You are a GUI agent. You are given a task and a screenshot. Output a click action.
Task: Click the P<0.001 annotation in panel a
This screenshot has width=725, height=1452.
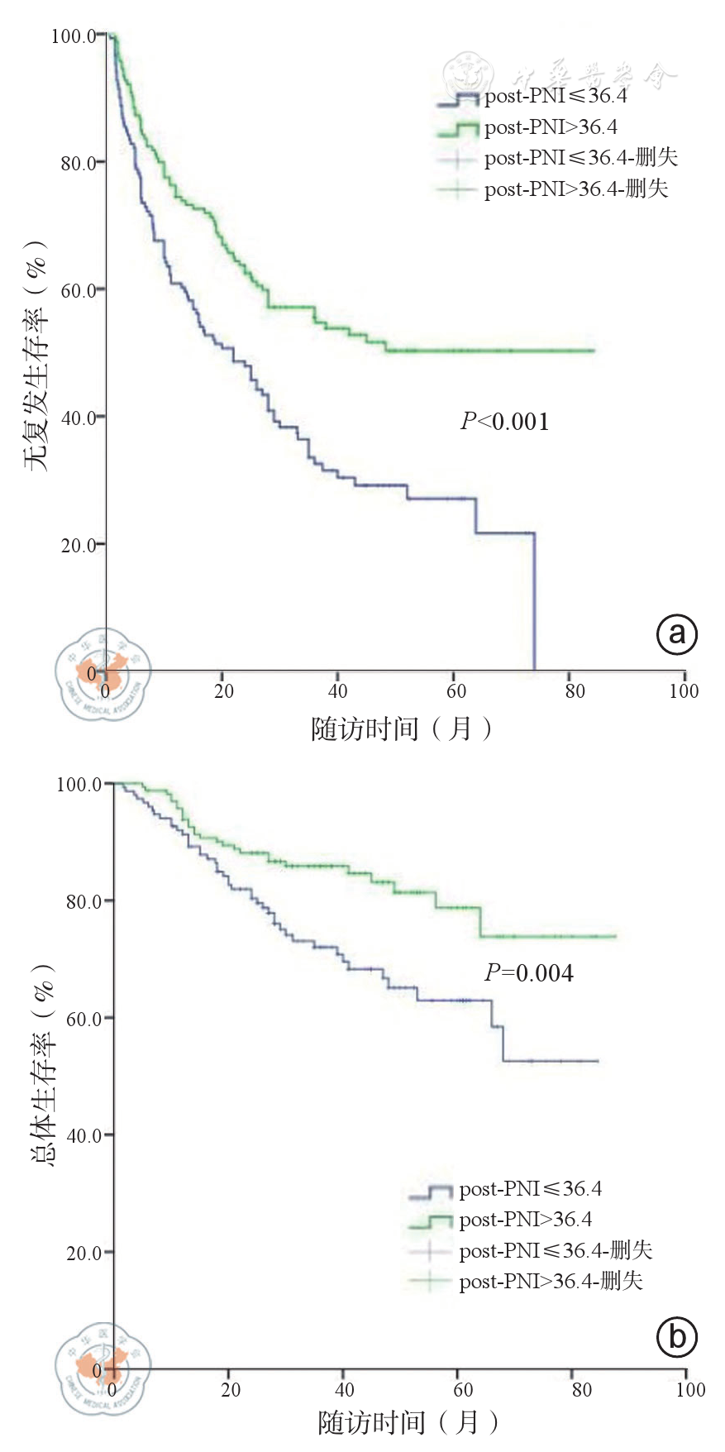pos(504,422)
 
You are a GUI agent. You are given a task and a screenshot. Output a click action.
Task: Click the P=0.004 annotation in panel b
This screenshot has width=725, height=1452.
pos(528,973)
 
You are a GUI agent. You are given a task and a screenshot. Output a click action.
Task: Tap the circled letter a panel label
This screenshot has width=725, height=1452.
pos(676,634)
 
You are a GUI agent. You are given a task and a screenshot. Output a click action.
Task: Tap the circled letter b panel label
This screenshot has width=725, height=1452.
pos(676,1337)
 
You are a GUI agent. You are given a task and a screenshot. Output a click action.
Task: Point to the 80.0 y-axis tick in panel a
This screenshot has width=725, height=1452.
pos(79,163)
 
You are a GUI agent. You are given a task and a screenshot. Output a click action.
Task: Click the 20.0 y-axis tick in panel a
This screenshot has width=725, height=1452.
pos(79,545)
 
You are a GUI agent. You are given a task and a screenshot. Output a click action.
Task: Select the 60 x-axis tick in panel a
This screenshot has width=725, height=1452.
pos(456,691)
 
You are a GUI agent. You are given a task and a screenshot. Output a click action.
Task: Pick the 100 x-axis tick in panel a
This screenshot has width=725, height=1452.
pos(684,691)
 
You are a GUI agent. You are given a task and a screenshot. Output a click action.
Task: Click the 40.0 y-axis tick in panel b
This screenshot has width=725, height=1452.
pos(84,1136)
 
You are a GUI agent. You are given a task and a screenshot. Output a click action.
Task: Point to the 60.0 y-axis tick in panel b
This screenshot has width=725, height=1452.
pos(84,1019)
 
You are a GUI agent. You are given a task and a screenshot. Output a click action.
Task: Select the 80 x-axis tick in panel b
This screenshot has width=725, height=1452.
pos(582,1390)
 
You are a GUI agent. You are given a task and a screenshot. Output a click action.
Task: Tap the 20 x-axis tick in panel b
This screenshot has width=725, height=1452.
pos(231,1390)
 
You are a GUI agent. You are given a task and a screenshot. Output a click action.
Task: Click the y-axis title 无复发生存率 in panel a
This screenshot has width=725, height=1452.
pos(36,356)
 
